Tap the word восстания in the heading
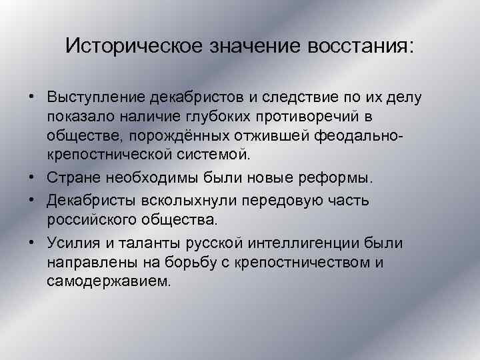point(361,46)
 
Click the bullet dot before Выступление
point(31,97)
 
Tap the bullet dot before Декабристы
point(31,199)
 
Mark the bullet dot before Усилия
point(31,241)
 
